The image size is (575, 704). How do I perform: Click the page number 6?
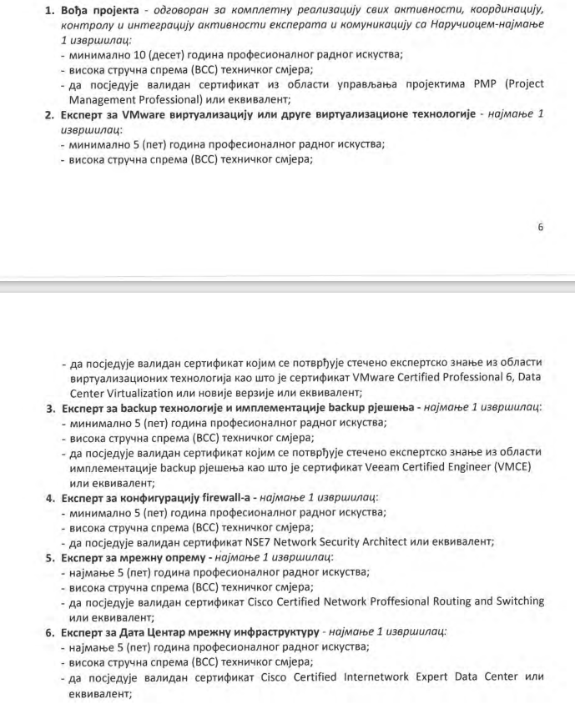pyautogui.click(x=540, y=227)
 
